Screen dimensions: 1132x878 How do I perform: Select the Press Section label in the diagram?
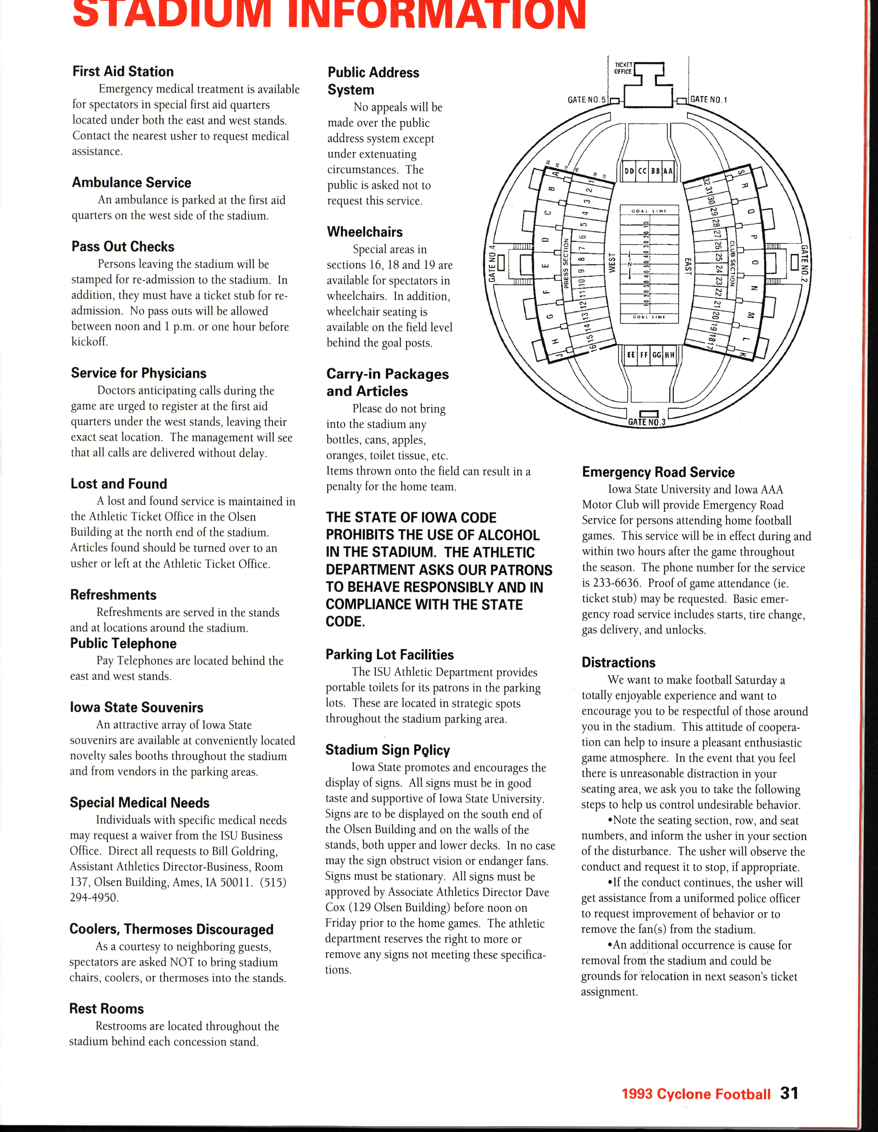click(567, 263)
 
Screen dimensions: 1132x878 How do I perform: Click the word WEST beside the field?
click(612, 263)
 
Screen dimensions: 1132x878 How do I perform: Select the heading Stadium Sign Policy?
click(387, 750)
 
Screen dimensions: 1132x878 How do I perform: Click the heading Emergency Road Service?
click(658, 472)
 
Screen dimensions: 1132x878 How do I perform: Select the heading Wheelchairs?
click(365, 232)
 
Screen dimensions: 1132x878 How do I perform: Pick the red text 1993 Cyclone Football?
click(696, 1094)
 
